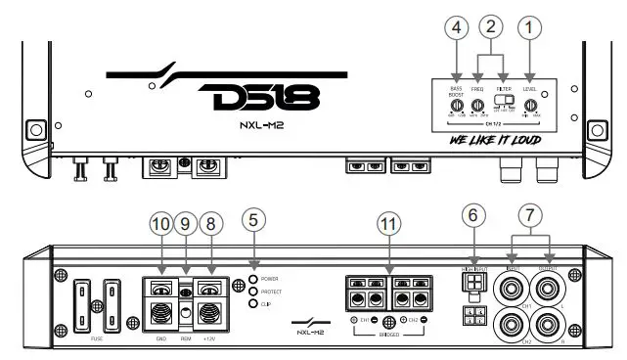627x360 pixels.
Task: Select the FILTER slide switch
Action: click(505, 100)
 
